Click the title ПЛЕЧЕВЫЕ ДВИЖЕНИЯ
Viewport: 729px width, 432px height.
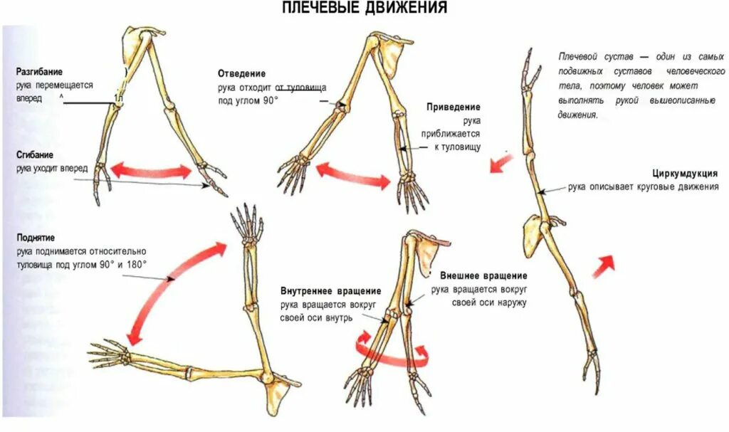364,9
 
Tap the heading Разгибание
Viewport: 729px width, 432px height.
40,72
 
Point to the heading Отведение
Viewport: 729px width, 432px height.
242,73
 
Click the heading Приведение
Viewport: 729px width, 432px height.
453,107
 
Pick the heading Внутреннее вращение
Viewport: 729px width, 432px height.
330,291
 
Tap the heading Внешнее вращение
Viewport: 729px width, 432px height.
483,275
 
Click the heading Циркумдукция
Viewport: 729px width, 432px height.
684,174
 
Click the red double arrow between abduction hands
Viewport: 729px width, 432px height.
353,175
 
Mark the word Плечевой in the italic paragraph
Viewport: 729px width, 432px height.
578,56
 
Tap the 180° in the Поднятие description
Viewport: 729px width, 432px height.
135,264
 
